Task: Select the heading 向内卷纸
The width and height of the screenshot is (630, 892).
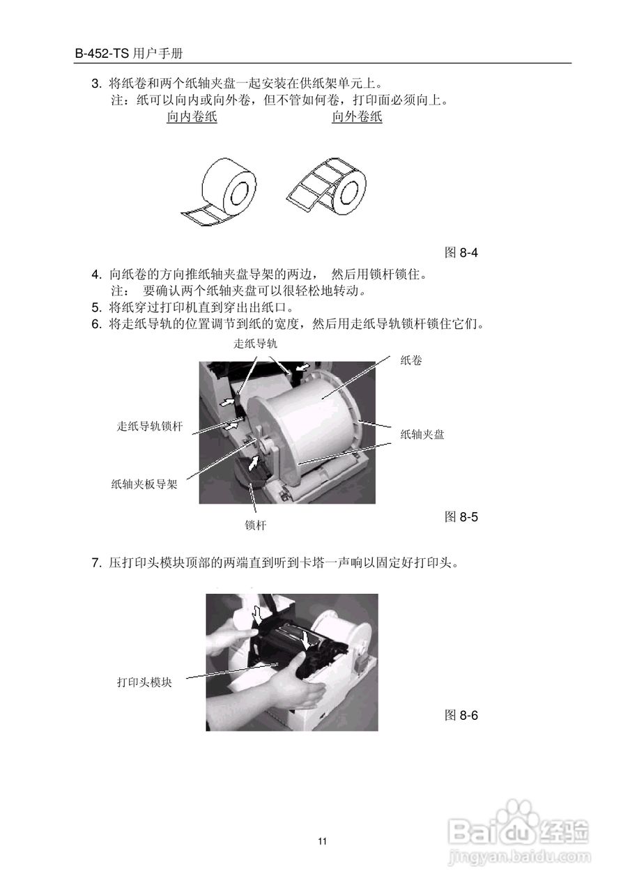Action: pyautogui.click(x=192, y=117)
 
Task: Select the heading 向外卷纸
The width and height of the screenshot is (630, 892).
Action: pyautogui.click(x=357, y=117)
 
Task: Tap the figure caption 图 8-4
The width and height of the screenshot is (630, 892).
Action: pyautogui.click(x=461, y=252)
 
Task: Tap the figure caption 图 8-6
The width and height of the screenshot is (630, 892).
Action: pyautogui.click(x=461, y=715)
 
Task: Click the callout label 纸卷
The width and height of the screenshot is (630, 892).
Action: pyautogui.click(x=411, y=360)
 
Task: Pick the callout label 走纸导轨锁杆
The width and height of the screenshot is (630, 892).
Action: pyautogui.click(x=150, y=426)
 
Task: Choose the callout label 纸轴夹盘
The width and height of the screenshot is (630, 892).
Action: pyautogui.click(x=422, y=434)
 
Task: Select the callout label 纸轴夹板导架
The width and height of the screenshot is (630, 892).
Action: pyautogui.click(x=144, y=484)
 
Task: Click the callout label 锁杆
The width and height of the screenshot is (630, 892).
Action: pyautogui.click(x=255, y=525)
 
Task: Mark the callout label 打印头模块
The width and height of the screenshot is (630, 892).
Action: pyautogui.click(x=144, y=682)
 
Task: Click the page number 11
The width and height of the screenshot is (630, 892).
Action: pyautogui.click(x=322, y=841)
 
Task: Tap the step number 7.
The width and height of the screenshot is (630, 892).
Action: pyautogui.click(x=96, y=563)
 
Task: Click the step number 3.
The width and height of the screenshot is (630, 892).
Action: pyautogui.click(x=96, y=84)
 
